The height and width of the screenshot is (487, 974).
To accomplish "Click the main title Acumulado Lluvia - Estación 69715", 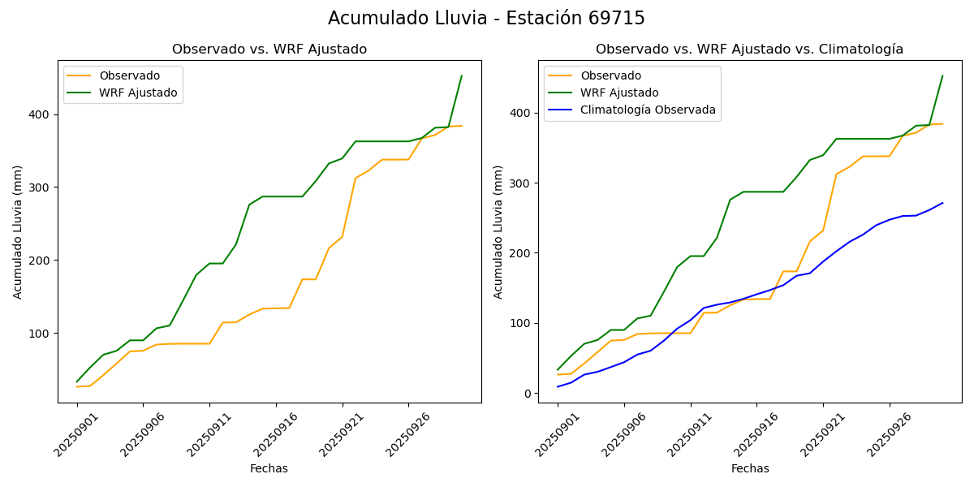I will pos(486,19).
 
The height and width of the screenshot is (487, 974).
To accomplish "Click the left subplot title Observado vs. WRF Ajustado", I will pos(269,50).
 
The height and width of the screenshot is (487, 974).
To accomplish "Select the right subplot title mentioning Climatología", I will pos(749,50).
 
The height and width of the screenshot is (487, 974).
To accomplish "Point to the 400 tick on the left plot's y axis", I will pos(43,114).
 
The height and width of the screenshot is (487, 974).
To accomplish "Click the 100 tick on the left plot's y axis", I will pos(43,334).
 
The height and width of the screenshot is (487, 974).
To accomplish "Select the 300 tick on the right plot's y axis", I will pos(523,183).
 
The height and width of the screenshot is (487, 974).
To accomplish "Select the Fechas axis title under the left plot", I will pos(269,468).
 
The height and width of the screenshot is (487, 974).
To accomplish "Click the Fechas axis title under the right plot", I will pos(750,468).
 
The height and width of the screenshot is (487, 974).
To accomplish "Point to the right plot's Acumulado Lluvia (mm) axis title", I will pos(498,231).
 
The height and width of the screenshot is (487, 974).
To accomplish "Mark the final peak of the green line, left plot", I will pos(461,76).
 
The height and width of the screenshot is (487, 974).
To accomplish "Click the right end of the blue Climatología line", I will pos(942,203).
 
